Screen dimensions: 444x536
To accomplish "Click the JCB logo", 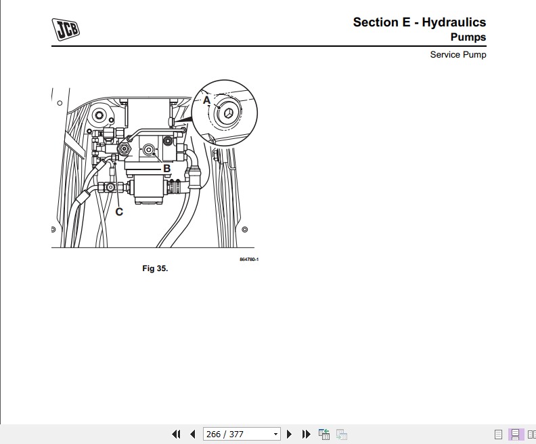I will coord(66,30).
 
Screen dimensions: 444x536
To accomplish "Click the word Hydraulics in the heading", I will coord(453,22).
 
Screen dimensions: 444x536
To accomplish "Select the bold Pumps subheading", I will coord(468,37).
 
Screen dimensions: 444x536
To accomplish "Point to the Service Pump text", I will coord(457,55).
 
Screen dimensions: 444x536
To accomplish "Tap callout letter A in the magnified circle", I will coord(207,100).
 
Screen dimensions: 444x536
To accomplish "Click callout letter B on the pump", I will coord(166,169).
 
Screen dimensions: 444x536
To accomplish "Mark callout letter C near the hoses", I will coord(119,211).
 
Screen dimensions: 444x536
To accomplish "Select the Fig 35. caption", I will coord(155,268).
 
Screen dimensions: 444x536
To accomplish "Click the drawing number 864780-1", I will coord(249,260).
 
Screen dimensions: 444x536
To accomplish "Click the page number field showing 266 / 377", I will coord(236,434).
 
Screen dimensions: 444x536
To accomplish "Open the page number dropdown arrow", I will coord(275,434).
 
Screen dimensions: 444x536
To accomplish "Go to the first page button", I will coord(177,434).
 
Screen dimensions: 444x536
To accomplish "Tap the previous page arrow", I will coord(192,434).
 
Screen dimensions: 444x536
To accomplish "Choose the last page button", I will coord(306,434).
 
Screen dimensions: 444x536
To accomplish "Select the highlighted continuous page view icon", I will coord(515,434).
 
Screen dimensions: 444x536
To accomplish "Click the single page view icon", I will coord(499,434).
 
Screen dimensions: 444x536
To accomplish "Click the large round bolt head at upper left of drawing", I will coord(100,116).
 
